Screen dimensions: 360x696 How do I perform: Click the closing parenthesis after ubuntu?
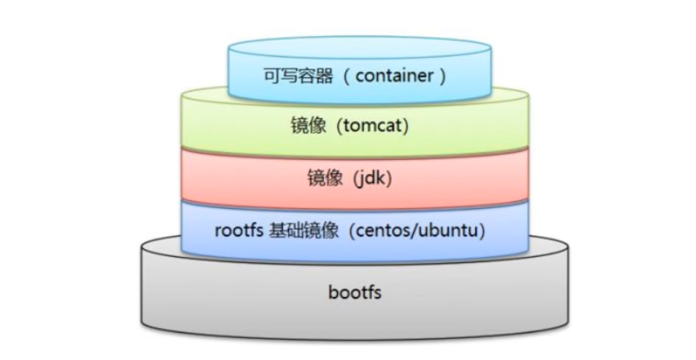483,230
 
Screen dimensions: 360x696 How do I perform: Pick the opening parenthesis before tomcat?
339,127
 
